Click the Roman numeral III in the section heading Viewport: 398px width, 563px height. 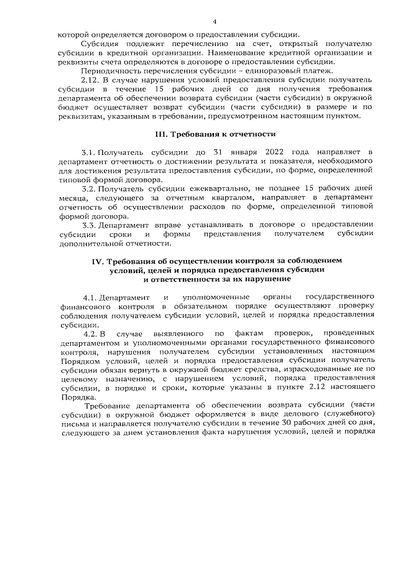(x=160, y=151)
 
